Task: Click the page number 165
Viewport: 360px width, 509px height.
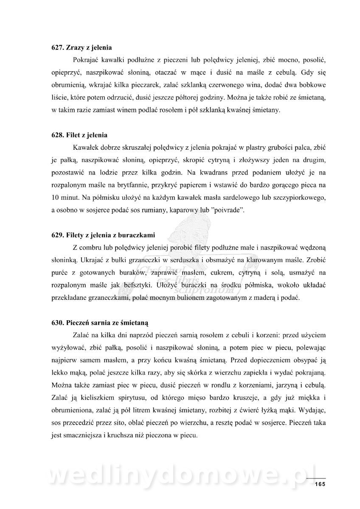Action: click(320, 484)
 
